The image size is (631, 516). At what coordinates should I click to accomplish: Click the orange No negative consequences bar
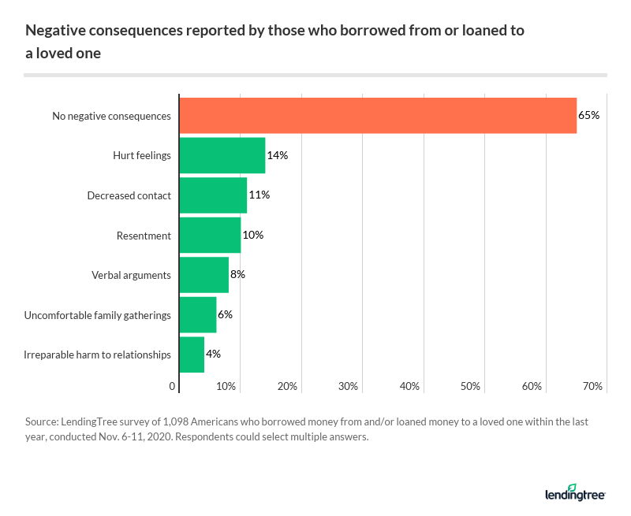378,116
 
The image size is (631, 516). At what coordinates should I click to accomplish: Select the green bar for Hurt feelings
222,155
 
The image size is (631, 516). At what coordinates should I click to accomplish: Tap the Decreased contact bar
213,195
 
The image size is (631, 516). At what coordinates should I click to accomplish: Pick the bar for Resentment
210,235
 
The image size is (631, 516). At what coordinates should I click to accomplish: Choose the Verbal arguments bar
203,275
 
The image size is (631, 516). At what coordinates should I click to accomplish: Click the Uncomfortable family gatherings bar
198,315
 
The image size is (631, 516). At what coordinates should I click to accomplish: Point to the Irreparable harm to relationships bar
192,355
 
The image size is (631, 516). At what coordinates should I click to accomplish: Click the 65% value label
589,116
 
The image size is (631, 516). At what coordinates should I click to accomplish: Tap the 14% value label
278,155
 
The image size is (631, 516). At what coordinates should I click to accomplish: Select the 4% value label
213,355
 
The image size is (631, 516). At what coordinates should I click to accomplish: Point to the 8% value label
237,275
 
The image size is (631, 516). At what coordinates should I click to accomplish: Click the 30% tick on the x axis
349,387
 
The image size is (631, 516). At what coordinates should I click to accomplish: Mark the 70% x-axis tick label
593,387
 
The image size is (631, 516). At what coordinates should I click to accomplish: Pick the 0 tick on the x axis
173,387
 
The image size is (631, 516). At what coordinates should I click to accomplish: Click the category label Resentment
144,236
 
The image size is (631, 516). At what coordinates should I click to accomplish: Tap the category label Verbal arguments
131,275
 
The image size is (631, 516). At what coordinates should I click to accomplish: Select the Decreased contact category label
129,195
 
